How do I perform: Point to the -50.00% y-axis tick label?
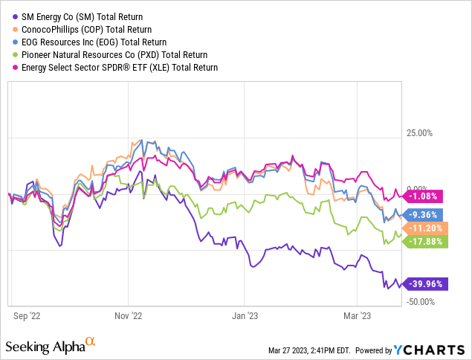tap(421, 301)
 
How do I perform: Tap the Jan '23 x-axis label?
tap(245, 315)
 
